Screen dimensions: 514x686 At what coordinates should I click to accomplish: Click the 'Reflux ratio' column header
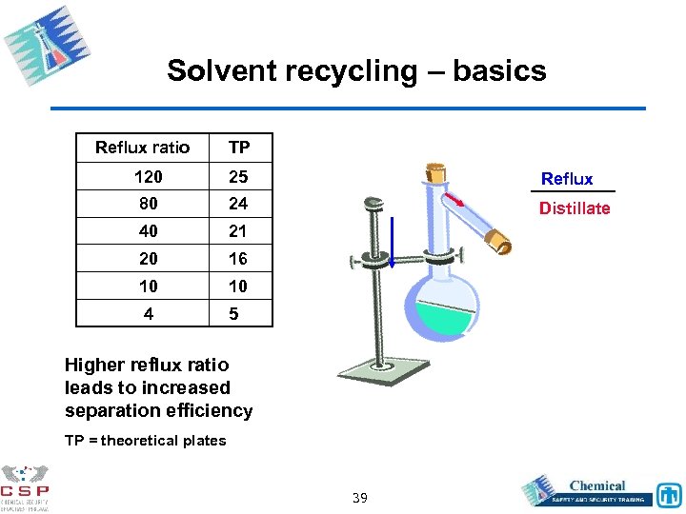143,148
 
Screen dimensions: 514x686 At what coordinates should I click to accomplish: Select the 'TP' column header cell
239,148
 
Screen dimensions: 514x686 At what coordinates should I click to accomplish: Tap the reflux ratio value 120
148,176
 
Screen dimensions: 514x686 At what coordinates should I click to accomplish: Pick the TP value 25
238,176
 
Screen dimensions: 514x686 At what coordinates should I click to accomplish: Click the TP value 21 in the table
238,231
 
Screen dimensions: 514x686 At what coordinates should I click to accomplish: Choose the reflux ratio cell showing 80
148,204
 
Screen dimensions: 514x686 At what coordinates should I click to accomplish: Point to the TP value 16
238,259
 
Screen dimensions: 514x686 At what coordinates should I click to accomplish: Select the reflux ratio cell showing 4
148,313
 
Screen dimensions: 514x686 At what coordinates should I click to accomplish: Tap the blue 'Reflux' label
567,179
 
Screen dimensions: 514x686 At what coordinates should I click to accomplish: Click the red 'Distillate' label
575,208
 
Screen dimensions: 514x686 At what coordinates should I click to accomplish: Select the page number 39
361,498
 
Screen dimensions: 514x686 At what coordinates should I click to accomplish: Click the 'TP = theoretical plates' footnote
145,440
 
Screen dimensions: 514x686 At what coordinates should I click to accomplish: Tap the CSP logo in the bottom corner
26,486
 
